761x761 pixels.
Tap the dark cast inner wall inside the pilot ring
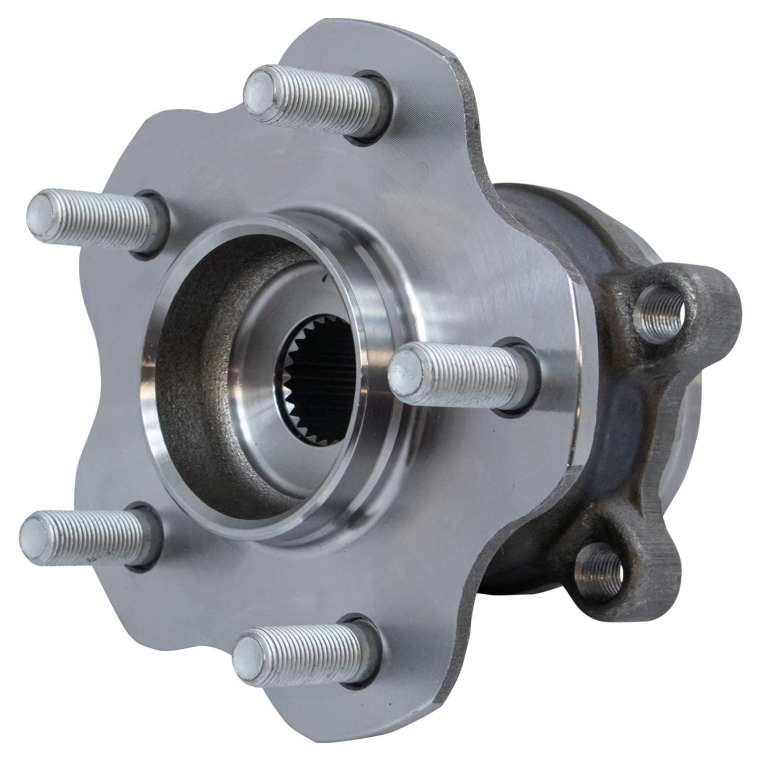click(200, 361)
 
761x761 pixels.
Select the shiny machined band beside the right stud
click(556, 371)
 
